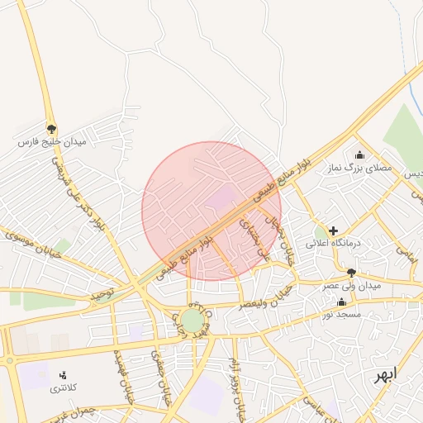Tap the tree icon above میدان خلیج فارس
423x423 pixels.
(x=53, y=129)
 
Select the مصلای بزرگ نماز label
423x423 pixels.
(x=359, y=168)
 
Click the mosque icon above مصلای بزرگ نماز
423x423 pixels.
(x=359, y=154)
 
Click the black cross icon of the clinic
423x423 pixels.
(x=333, y=231)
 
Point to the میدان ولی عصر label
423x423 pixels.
(x=351, y=285)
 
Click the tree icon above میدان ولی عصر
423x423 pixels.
(x=351, y=272)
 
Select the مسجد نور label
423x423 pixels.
(x=341, y=315)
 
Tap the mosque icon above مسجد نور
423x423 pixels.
(x=341, y=302)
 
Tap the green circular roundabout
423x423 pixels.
(x=192, y=321)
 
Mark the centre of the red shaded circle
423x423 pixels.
(x=211, y=211)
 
